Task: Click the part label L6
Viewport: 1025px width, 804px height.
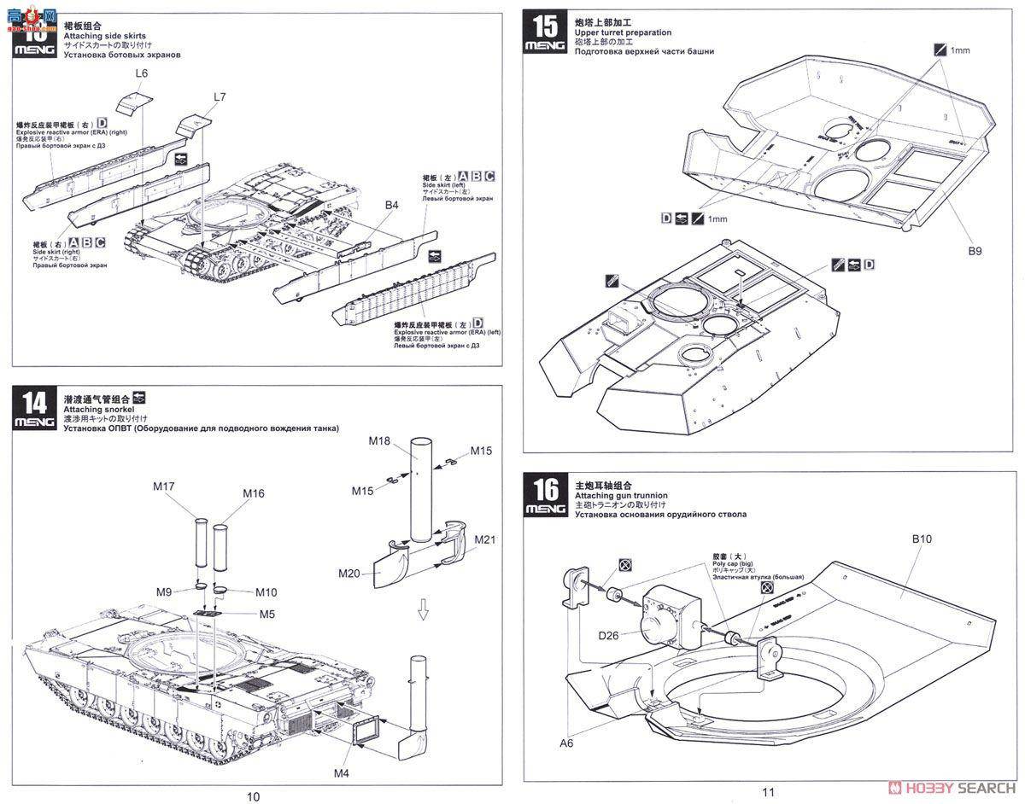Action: pyautogui.click(x=142, y=74)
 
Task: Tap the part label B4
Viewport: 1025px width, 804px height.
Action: pyautogui.click(x=391, y=205)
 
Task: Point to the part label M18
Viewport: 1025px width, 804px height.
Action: pyautogui.click(x=379, y=440)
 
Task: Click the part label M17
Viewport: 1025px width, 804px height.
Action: pyautogui.click(x=164, y=486)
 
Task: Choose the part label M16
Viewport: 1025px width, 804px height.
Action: pyautogui.click(x=253, y=493)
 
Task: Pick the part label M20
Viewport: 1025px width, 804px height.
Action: pyautogui.click(x=349, y=574)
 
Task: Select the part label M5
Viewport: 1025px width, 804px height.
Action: pyautogui.click(x=267, y=615)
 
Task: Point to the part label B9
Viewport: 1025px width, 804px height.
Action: pyautogui.click(x=974, y=251)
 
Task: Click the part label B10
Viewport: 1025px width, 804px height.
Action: pyautogui.click(x=922, y=539)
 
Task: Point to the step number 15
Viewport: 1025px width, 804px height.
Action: pyautogui.click(x=545, y=26)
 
